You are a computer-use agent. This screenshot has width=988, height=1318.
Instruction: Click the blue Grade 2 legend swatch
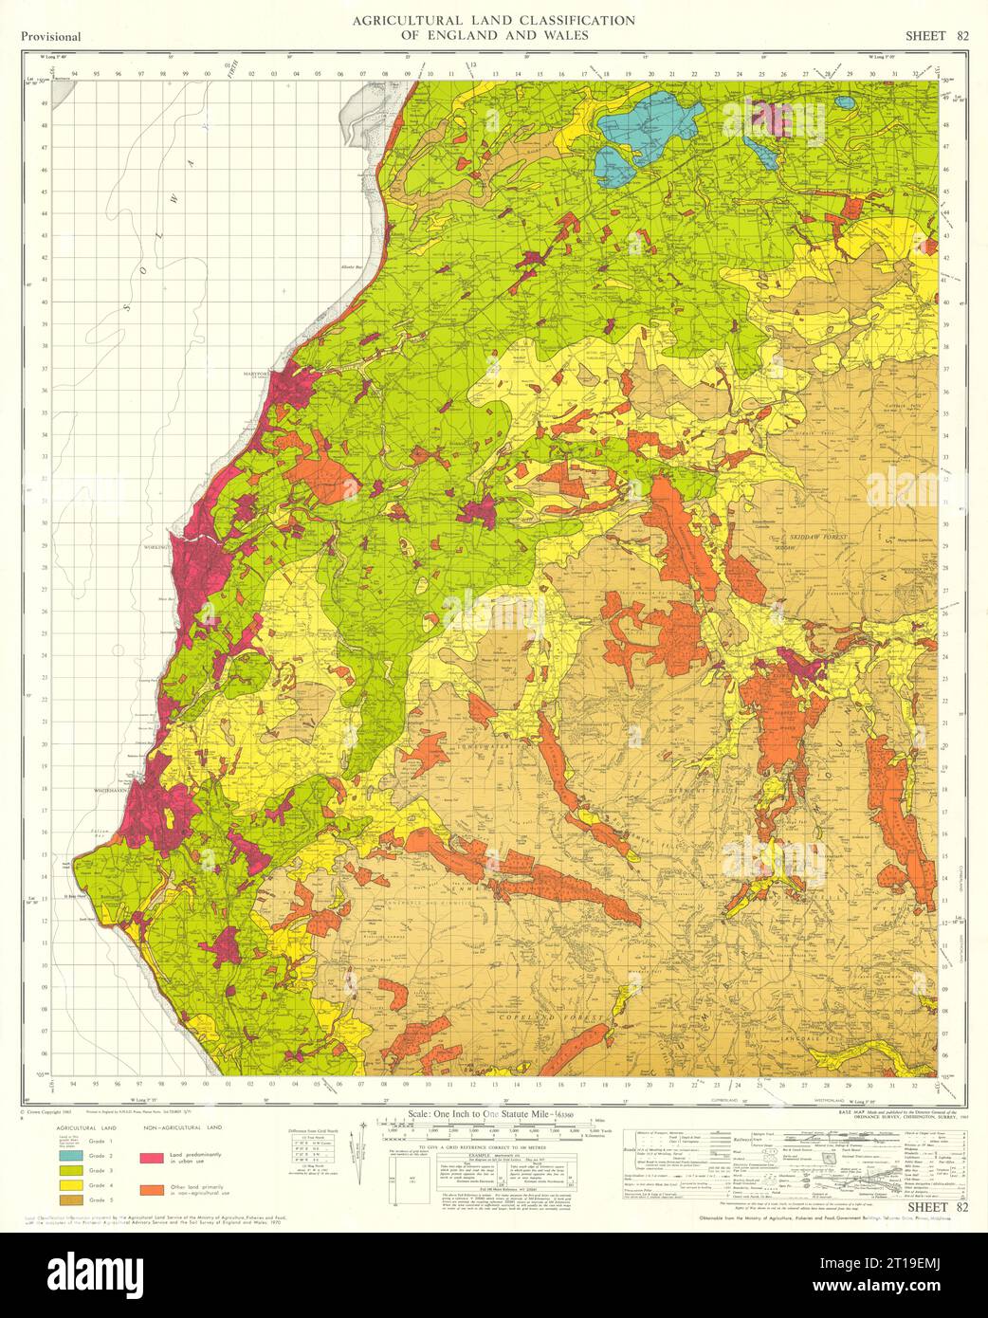click(x=69, y=1157)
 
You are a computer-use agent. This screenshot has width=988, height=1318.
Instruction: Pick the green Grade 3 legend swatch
click(x=69, y=1171)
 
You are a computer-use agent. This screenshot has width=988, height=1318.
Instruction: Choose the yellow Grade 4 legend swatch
click(x=69, y=1185)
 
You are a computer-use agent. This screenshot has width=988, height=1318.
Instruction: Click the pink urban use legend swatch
click(x=150, y=1158)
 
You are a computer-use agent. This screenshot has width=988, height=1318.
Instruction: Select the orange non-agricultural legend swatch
click(x=150, y=1188)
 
